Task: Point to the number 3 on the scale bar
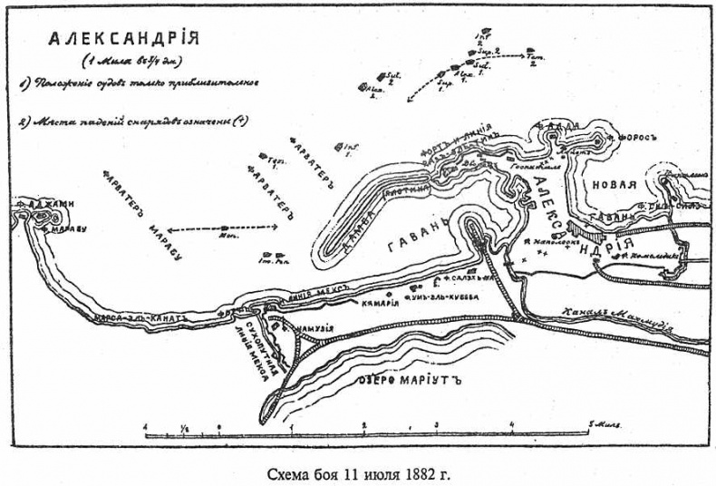point(436,423)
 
